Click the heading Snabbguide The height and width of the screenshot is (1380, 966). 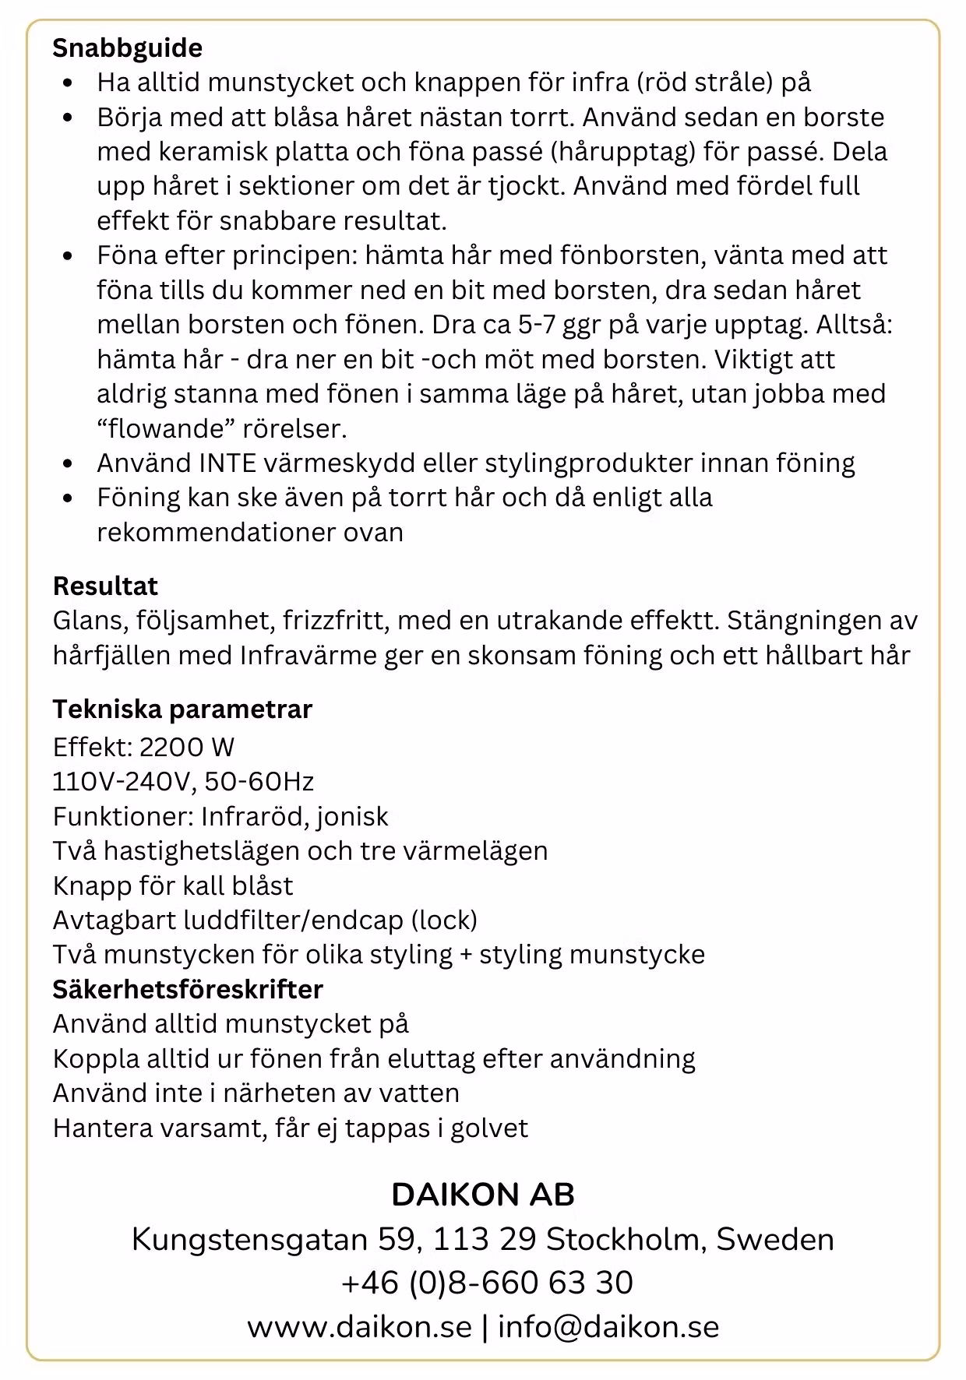[127, 48]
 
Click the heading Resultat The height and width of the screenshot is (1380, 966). [105, 586]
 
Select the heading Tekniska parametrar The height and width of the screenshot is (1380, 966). [182, 709]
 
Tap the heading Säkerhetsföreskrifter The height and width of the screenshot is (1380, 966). [188, 989]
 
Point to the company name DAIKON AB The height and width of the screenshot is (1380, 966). [483, 1195]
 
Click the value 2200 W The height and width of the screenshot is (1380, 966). [187, 748]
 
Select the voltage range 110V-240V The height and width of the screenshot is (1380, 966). [122, 782]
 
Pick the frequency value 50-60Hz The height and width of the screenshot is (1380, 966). [259, 782]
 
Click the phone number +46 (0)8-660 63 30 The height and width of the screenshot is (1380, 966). [487, 1283]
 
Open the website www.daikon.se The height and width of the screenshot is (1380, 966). [360, 1327]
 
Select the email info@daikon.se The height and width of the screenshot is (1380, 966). [608, 1327]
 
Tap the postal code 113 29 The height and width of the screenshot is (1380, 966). [485, 1239]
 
